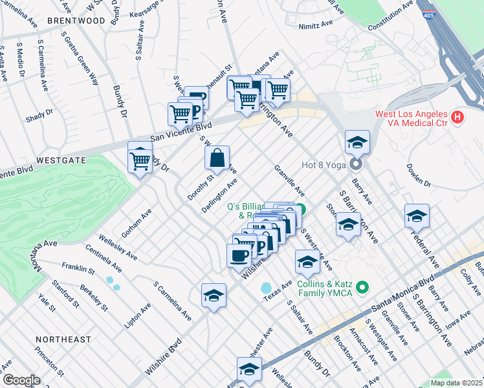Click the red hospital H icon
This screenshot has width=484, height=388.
pos(458,116)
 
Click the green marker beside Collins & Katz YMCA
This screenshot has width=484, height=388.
pos(362,286)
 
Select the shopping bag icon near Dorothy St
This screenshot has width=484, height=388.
pos(217,157)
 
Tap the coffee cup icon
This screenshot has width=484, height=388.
pos(238,254)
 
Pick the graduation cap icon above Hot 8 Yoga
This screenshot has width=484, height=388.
pos(357,142)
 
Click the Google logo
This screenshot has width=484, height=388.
pos(21,380)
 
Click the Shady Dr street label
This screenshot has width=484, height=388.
pos(39,115)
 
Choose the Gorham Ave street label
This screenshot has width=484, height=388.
pos(137,222)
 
